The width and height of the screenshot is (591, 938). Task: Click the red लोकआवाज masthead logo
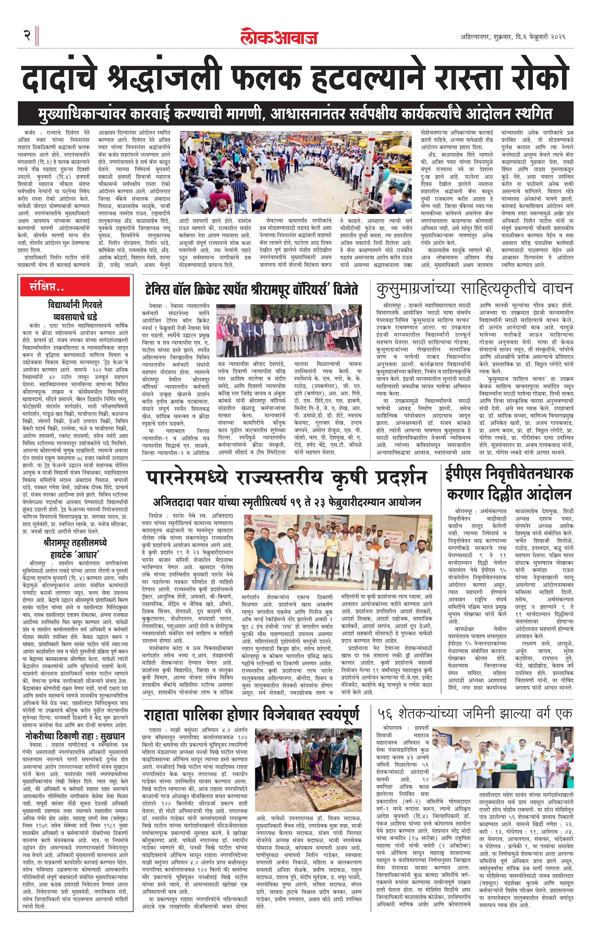[279, 37]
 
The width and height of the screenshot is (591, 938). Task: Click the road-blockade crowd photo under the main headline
[295, 172]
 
